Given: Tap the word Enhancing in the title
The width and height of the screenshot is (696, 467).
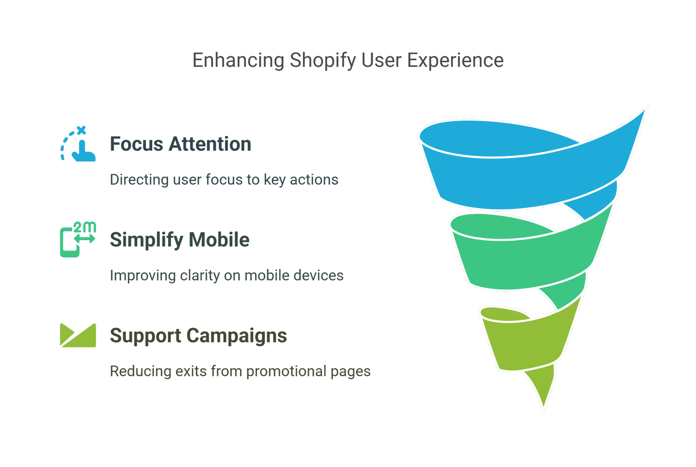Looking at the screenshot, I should [238, 61].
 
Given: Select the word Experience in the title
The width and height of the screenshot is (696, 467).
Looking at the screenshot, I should [455, 61].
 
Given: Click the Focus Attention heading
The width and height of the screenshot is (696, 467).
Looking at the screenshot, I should [180, 144].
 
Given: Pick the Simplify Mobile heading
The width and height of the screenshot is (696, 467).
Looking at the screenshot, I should [179, 240].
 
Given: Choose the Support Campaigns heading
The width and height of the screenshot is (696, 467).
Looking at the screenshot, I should [198, 336].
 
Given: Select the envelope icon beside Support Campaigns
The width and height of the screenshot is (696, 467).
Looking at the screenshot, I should [78, 335].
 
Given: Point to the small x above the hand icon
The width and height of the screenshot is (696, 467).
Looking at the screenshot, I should [81, 130].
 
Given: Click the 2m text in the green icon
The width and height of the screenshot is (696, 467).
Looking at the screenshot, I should [85, 227].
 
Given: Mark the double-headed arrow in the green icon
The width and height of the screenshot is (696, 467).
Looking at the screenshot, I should [85, 239].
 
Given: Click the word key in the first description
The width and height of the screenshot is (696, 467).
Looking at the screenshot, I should [275, 180].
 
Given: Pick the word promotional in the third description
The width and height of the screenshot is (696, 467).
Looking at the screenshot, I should [286, 371].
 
